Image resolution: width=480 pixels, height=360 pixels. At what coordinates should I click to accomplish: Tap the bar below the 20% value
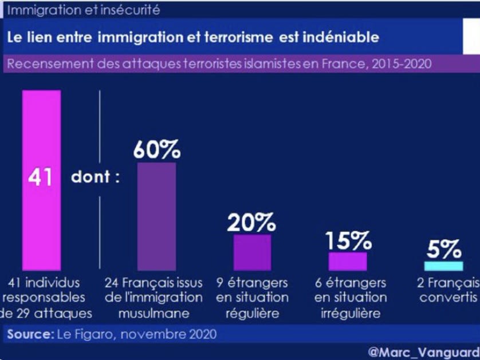pyautogui.click(x=252, y=252)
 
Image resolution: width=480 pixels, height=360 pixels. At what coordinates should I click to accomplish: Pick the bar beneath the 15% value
pyautogui.click(x=348, y=261)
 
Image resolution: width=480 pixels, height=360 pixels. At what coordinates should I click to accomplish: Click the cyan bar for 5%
pyautogui.click(x=443, y=266)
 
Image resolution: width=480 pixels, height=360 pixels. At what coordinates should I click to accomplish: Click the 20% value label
pyautogui.click(x=252, y=222)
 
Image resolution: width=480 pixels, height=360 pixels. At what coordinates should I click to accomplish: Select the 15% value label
pyautogui.click(x=348, y=241)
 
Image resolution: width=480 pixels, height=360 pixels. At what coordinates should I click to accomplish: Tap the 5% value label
pyautogui.click(x=444, y=250)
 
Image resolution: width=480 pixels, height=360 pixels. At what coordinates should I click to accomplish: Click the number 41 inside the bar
pyautogui.click(x=41, y=177)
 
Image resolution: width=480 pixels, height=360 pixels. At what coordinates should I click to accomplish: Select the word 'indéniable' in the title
pyautogui.click(x=343, y=37)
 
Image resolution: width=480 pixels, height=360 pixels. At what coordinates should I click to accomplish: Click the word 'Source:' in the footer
pyautogui.click(x=30, y=334)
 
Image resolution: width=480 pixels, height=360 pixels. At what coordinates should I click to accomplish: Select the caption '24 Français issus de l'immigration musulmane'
pyautogui.click(x=154, y=298)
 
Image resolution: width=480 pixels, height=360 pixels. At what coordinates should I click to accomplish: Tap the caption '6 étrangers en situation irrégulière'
pyautogui.click(x=351, y=298)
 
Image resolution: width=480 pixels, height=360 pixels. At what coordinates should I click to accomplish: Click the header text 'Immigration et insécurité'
pyautogui.click(x=83, y=10)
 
